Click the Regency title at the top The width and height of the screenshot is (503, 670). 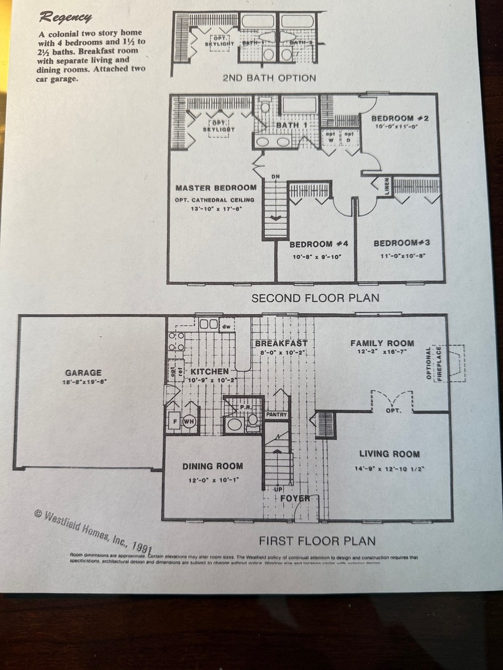(66, 17)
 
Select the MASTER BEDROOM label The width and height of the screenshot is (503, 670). (215, 187)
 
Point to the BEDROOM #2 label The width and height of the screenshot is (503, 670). (401, 118)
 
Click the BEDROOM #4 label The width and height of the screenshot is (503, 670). (319, 243)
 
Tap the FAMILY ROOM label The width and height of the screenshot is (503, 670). (382, 342)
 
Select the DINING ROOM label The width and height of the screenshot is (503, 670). (212, 466)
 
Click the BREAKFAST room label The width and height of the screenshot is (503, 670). (281, 343)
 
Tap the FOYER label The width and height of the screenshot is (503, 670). (295, 498)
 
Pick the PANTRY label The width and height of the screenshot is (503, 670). (276, 414)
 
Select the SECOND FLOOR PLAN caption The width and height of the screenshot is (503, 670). (315, 298)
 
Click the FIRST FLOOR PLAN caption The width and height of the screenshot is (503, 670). (317, 540)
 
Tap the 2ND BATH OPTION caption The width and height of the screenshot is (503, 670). (269, 78)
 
